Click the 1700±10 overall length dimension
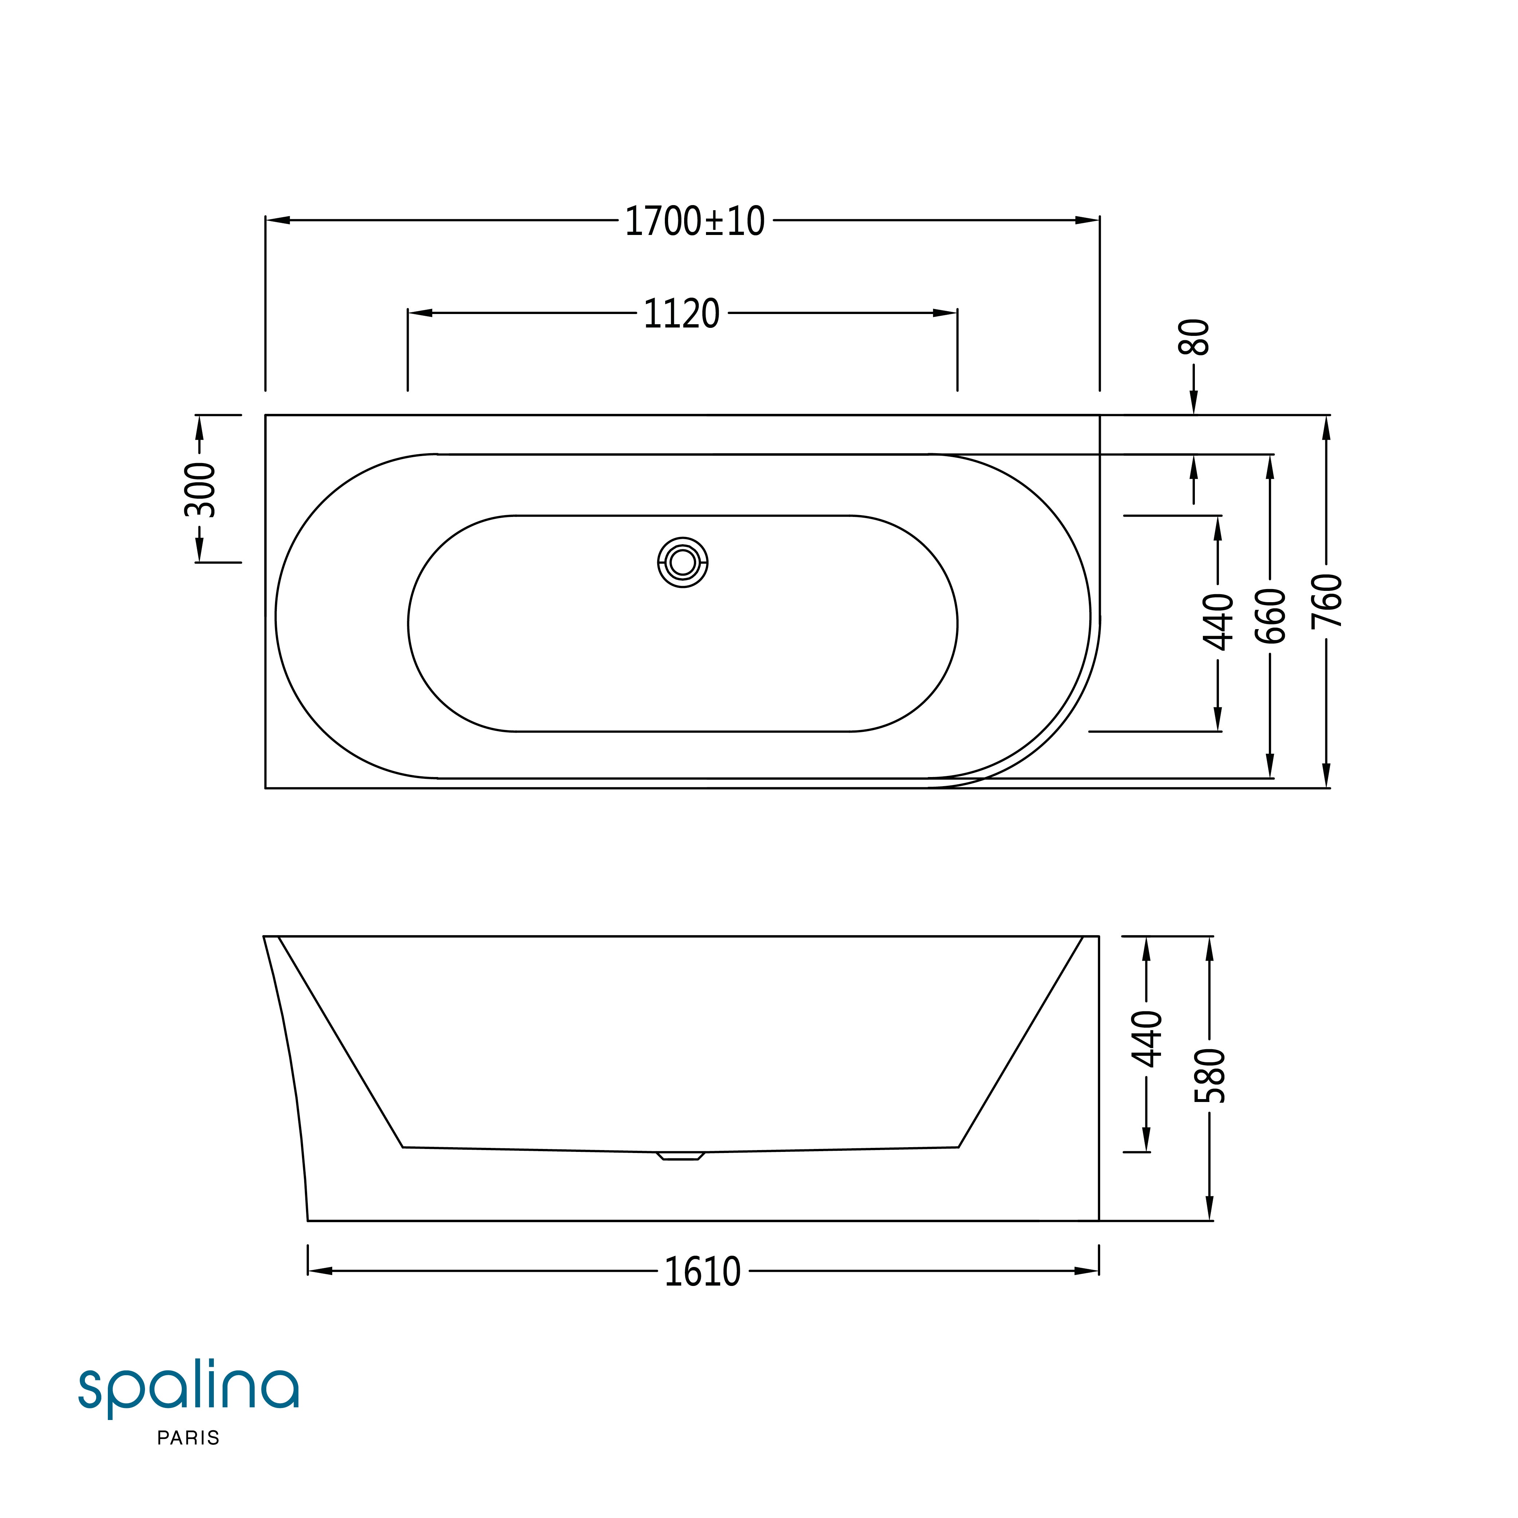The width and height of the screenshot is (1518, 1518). (x=695, y=221)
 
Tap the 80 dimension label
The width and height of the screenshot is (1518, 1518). (x=1193, y=337)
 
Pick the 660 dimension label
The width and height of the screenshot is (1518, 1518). (x=1271, y=616)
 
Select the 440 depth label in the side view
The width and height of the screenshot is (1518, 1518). (x=1146, y=1039)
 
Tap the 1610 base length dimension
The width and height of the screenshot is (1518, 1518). (x=702, y=1272)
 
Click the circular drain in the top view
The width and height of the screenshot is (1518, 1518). (x=682, y=562)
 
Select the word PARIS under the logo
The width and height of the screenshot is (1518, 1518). (x=189, y=1438)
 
